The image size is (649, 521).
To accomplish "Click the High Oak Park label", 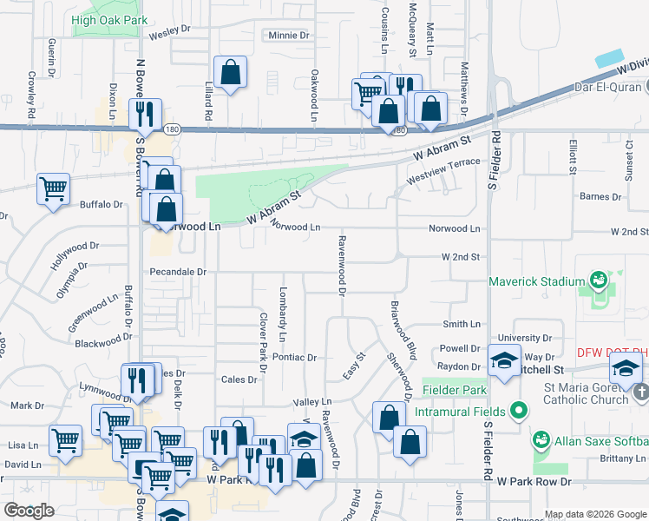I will pyautogui.click(x=110, y=20).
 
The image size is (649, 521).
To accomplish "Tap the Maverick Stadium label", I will pyautogui.click(x=536, y=281).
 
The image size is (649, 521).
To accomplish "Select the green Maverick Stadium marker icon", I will pyautogui.click(x=598, y=280).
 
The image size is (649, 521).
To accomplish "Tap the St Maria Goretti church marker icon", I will pyautogui.click(x=640, y=392).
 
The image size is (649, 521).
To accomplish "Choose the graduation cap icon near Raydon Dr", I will pyautogui.click(x=504, y=359).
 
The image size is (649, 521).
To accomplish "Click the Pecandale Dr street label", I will pyautogui.click(x=177, y=272).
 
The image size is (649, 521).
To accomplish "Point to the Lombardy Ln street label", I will pyautogui.click(x=282, y=313).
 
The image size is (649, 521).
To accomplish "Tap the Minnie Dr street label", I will pyautogui.click(x=283, y=36).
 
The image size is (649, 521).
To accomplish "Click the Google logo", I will pyautogui.click(x=30, y=510).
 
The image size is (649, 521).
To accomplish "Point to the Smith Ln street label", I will pyautogui.click(x=461, y=324).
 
